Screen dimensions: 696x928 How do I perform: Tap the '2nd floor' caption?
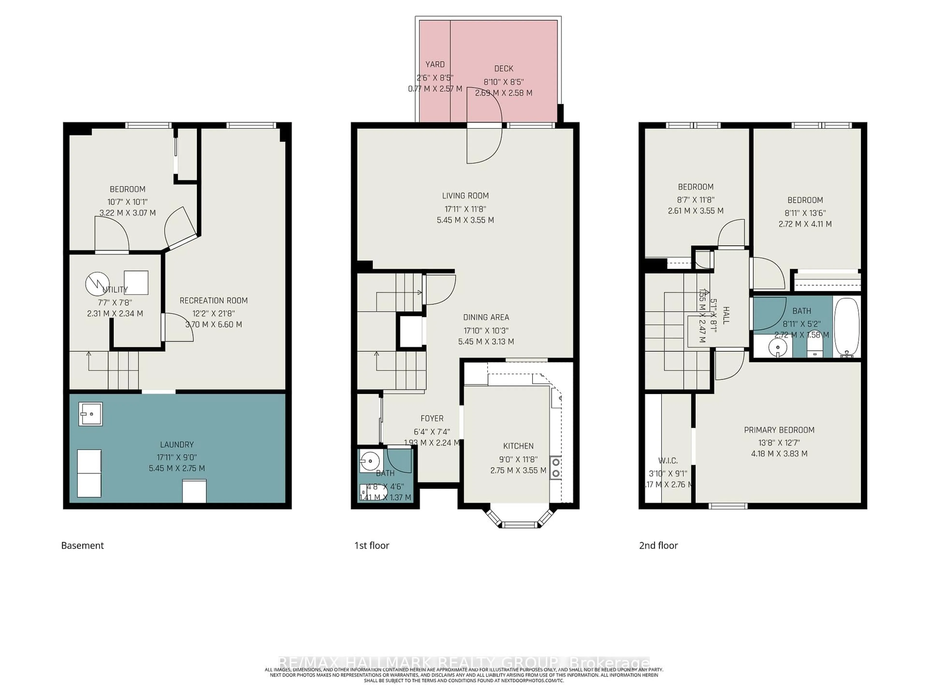click(658, 545)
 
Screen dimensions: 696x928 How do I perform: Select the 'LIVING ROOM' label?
click(465, 196)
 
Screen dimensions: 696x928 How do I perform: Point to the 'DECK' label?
click(503, 68)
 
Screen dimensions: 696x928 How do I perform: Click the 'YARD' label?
click(435, 64)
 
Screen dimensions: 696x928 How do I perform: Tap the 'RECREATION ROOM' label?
click(214, 300)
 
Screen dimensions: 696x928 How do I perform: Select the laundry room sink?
click(90, 414)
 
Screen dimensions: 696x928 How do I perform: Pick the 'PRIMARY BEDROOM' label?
click(779, 430)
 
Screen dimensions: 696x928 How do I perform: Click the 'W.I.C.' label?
click(668, 461)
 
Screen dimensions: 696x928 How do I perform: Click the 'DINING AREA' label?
click(486, 317)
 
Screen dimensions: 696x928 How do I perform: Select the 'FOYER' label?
click(432, 418)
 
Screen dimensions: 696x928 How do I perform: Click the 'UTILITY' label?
click(115, 290)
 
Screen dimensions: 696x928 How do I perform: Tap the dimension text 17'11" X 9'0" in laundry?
click(177, 457)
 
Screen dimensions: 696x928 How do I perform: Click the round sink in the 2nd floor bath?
click(777, 347)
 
